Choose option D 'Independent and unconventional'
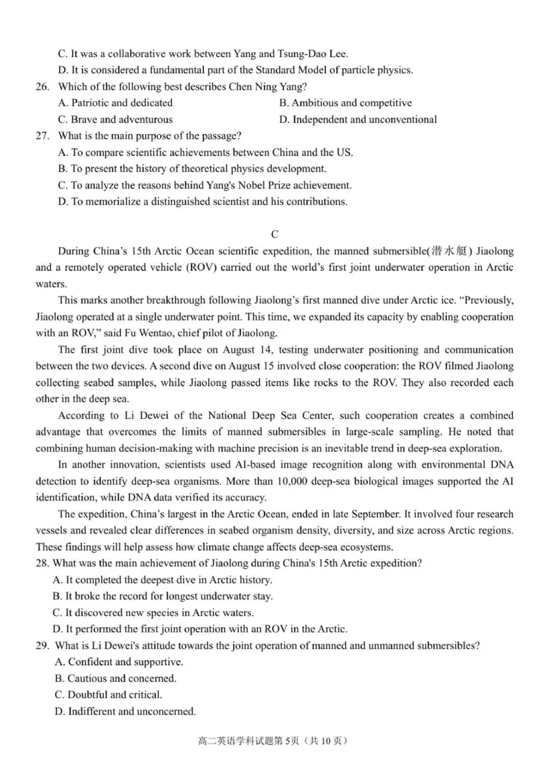357,120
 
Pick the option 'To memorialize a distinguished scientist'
203,202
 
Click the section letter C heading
274,234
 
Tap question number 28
43,564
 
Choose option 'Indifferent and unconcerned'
124,712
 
